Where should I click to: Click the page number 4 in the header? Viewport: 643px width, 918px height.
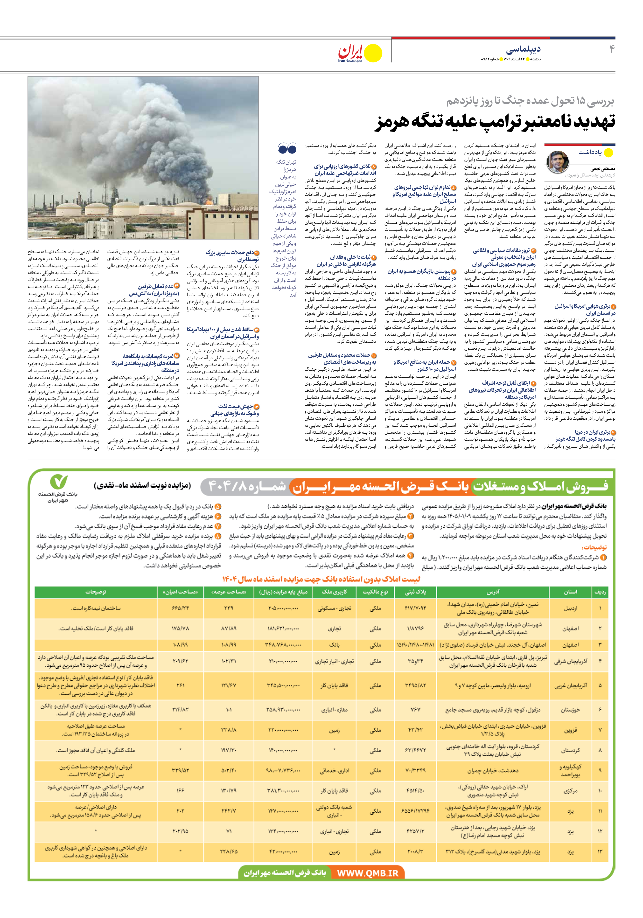coord(611,49)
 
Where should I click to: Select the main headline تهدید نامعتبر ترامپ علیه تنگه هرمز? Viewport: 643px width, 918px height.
coord(495,122)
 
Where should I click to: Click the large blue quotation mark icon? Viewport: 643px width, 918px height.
coord(287,149)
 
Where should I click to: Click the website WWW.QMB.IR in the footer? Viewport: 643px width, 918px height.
coord(367,873)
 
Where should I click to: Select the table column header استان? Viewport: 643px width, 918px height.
coord(570,592)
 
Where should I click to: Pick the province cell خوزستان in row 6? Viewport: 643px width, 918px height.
coord(570,710)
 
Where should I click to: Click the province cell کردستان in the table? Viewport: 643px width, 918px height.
coord(570,750)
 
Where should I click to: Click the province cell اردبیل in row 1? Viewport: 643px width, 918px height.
coord(570,608)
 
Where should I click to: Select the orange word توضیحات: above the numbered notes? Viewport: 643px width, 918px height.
coord(594,547)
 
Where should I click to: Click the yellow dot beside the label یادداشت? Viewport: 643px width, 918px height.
coord(608,152)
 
